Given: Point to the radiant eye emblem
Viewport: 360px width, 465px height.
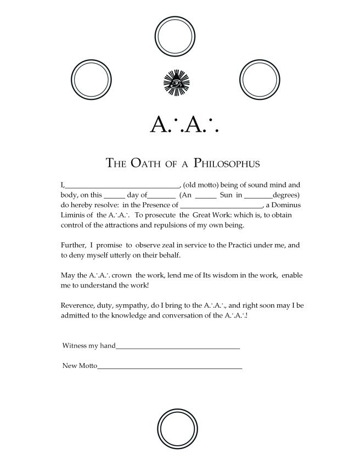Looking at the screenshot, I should tap(177, 83).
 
